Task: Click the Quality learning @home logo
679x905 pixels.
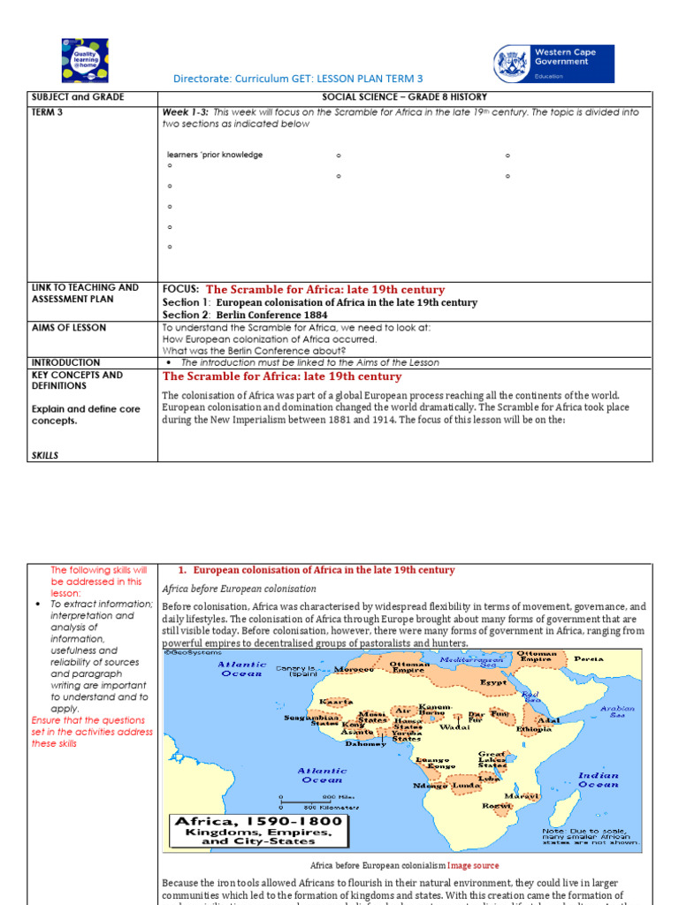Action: pyautogui.click(x=85, y=60)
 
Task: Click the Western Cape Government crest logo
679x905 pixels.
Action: pyautogui.click(x=512, y=64)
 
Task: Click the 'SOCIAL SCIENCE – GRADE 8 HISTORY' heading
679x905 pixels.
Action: pyautogui.click(x=404, y=97)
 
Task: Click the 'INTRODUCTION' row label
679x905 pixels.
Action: pyautogui.click(x=66, y=362)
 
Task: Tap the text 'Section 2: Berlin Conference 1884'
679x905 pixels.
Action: pyautogui.click(x=245, y=315)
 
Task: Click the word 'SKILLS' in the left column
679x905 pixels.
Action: pyautogui.click(x=45, y=455)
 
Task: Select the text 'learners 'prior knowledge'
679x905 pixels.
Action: pyautogui.click(x=215, y=155)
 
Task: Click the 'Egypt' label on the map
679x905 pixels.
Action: pyautogui.click(x=493, y=682)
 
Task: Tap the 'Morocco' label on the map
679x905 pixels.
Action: pyautogui.click(x=355, y=669)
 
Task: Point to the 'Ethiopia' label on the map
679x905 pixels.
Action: pyautogui.click(x=535, y=729)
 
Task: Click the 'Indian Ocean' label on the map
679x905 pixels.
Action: pyautogui.click(x=598, y=780)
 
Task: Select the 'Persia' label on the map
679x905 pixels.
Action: pyautogui.click(x=589, y=658)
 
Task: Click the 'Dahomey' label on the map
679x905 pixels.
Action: pyautogui.click(x=365, y=743)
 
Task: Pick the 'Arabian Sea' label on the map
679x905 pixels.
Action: pyautogui.click(x=617, y=711)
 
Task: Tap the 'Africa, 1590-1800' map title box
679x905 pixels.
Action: pyautogui.click(x=256, y=832)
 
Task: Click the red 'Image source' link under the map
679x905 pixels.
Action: pyautogui.click(x=472, y=866)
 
